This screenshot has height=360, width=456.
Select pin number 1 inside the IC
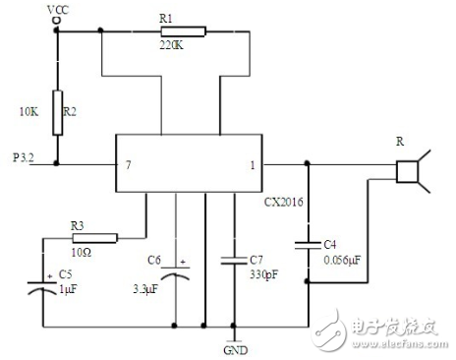click(x=252, y=164)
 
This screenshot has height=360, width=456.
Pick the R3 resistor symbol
click(x=95, y=237)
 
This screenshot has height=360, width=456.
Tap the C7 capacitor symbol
click(x=234, y=261)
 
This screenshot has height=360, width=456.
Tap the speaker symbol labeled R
click(x=408, y=173)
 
